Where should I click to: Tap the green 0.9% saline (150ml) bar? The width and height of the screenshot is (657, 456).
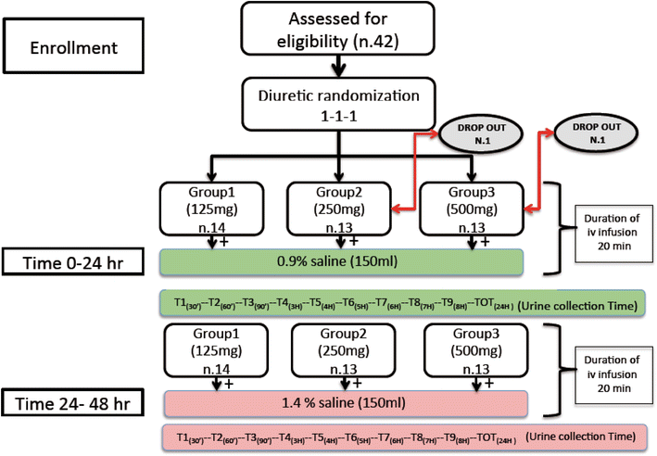342,260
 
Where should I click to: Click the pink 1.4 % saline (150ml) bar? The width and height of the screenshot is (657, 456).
346,404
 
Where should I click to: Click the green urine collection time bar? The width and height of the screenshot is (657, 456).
402,303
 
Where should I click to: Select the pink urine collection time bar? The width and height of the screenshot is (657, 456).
402,436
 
